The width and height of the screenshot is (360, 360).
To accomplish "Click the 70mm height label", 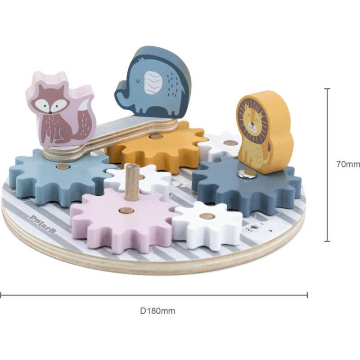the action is [x=348, y=164].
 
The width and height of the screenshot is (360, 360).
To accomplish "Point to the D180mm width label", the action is [x=157, y=311].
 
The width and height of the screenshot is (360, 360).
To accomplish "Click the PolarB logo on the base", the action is [x=43, y=223].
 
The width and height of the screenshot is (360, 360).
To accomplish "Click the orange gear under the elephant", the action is [x=156, y=147].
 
